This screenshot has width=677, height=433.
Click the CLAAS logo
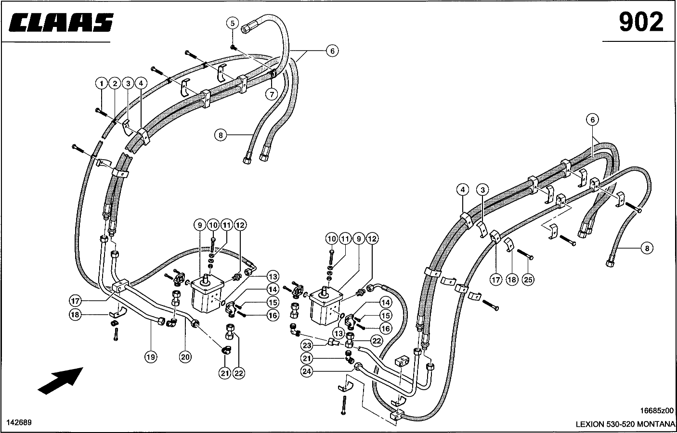point(61,23)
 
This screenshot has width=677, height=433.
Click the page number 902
point(641,22)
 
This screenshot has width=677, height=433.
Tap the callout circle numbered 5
point(233,23)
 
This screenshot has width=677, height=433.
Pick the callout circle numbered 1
point(102,84)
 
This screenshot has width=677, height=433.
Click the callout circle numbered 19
point(151,357)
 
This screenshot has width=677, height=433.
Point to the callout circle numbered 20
point(185,357)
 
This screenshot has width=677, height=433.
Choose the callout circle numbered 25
point(529,280)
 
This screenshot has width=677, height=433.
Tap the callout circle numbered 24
point(307,371)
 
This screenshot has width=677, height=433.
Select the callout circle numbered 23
point(307,345)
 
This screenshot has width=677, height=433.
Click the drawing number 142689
point(19,422)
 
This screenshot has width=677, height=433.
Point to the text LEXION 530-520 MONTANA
point(625,424)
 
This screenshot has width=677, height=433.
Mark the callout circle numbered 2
point(115,84)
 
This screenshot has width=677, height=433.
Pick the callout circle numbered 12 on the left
point(240,225)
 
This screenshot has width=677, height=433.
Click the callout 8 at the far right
point(647,248)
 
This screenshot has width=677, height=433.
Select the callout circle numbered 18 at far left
point(74,315)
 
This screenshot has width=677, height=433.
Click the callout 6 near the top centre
point(332,51)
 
